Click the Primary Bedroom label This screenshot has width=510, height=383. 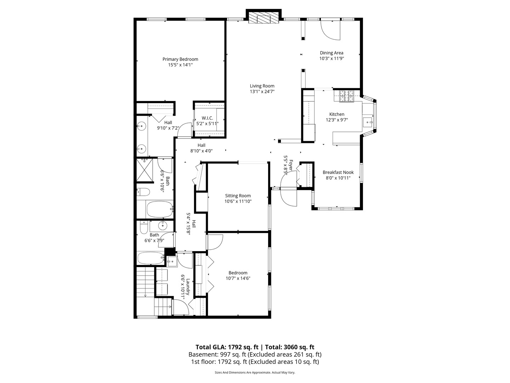pyautogui.click(x=180, y=59)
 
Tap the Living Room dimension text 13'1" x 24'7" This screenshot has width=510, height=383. pyautogui.click(x=262, y=91)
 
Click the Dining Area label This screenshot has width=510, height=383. pyautogui.click(x=331, y=53)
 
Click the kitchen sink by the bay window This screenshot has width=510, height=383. pyautogui.click(x=368, y=121)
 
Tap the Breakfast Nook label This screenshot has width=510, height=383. pyautogui.click(x=338, y=172)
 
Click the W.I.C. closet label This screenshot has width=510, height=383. pyautogui.click(x=207, y=118)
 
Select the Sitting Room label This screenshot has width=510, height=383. pyautogui.click(x=238, y=196)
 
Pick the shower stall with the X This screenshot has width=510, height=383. pyautogui.click(x=144, y=170)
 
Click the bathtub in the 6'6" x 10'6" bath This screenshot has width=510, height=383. pyautogui.click(x=160, y=209)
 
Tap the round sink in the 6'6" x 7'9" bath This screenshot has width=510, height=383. pyautogui.click(x=162, y=225)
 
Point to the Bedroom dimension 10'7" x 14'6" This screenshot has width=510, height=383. pyautogui.click(x=238, y=278)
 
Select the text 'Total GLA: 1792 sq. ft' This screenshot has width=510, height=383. pyautogui.click(x=227, y=347)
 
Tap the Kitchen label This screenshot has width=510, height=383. pyautogui.click(x=337, y=114)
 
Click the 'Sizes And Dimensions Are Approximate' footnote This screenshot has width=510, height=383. pyautogui.click(x=243, y=372)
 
